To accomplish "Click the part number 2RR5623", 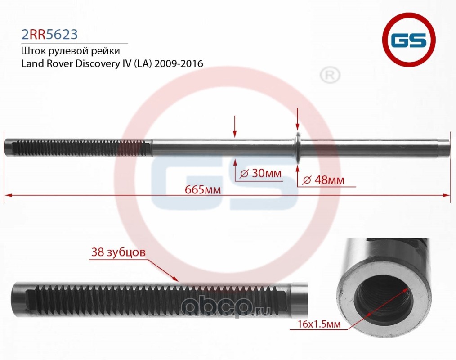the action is [x=50, y=34].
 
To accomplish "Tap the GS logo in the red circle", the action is [x=409, y=41].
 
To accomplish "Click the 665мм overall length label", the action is [x=202, y=189].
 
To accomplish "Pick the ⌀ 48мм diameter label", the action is [x=324, y=180].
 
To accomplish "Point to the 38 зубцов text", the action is [x=118, y=252].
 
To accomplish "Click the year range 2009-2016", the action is [x=179, y=63].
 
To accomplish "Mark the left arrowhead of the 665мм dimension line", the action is [x=7, y=195].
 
